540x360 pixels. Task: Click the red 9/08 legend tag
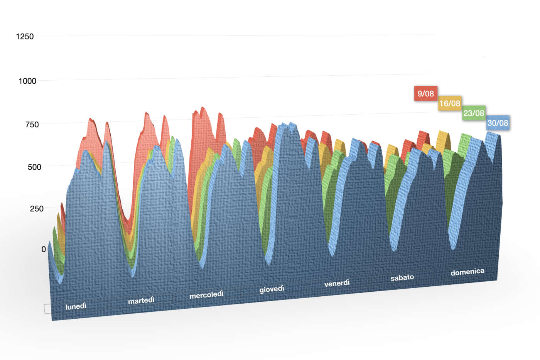425,93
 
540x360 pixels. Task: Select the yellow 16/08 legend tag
450,103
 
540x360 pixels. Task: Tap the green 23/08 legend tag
474,113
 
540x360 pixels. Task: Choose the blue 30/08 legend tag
498,123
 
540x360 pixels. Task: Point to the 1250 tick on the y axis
25,36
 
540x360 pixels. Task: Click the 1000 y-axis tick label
27,81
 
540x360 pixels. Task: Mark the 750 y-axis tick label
32,124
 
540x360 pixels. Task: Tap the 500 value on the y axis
34,167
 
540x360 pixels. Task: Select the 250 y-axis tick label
37,208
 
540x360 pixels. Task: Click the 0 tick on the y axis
44,249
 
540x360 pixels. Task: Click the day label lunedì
76,306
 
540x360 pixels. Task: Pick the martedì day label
141,300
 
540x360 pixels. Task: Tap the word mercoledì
206,294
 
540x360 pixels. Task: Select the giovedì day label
272,289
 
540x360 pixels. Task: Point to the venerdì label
337,283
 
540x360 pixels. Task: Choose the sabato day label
402,277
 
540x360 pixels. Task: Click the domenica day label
467,272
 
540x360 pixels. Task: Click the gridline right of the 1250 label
231,35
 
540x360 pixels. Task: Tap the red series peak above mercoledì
203,109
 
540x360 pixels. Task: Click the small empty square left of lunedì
47,309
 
